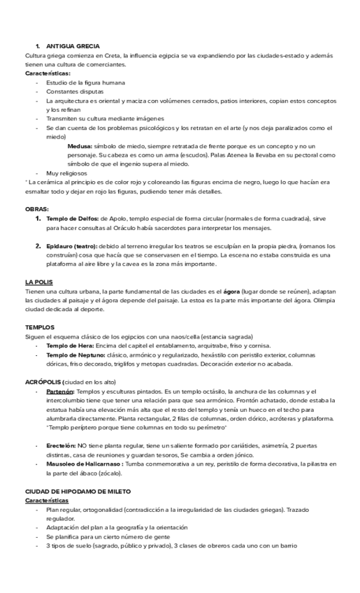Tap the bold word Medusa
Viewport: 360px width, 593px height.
pyautogui.click(x=79, y=146)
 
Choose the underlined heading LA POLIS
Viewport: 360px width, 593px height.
pyautogui.click(x=39, y=282)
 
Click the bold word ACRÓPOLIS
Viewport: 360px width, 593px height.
pyautogui.click(x=43, y=383)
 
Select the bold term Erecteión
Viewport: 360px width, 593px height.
pyautogui.click(x=61, y=445)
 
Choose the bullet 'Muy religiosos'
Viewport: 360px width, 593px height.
pyautogui.click(x=66, y=173)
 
